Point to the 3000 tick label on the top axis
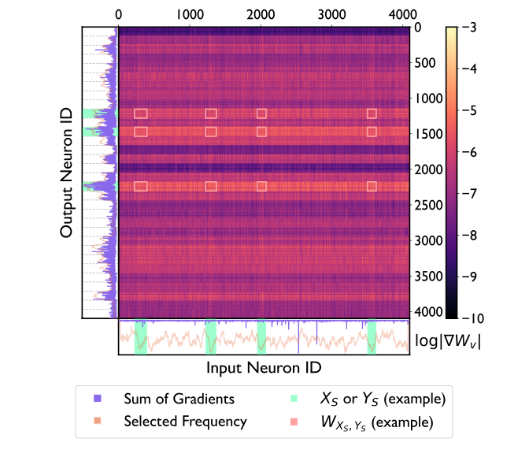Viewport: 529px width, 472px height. click(333, 13)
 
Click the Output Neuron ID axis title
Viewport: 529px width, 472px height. click(67, 173)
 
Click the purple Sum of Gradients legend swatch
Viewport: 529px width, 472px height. click(97, 400)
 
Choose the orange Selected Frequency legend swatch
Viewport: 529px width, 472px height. click(97, 422)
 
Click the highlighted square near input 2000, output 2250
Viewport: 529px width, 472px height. click(261, 187)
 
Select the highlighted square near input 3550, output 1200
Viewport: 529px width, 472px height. click(372, 113)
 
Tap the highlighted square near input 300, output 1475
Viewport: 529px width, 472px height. click(141, 132)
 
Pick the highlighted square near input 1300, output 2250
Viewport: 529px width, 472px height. click(211, 187)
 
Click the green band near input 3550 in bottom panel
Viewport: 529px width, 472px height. click(372, 337)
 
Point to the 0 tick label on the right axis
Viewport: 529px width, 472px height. click(419, 28)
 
